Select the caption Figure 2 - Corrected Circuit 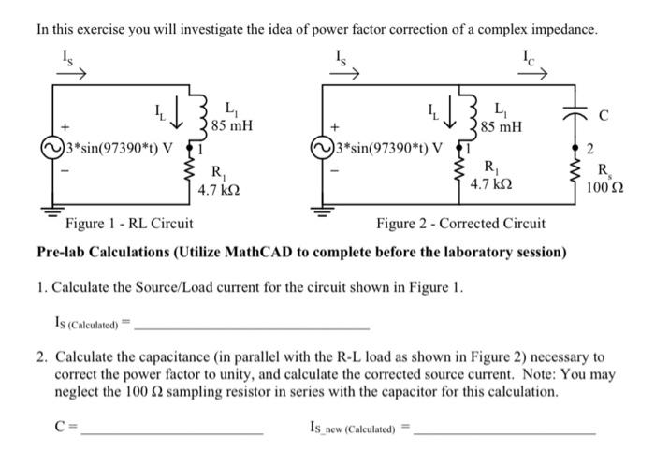(x=460, y=224)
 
